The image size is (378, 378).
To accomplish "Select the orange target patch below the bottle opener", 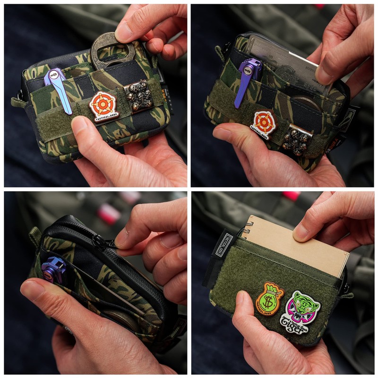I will pyautogui.click(x=103, y=106).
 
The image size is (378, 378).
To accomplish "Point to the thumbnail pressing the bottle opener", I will pyautogui.click(x=124, y=32).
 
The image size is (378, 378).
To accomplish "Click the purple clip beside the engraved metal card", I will pyautogui.click(x=247, y=78).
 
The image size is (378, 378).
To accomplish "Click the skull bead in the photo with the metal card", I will pyautogui.click(x=296, y=140).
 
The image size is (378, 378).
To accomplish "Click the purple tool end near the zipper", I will pyautogui.click(x=53, y=269).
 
